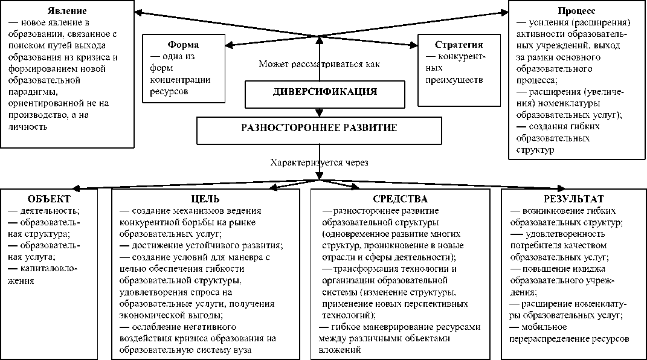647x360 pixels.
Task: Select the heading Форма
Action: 182,45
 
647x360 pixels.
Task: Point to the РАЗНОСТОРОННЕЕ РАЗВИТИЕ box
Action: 319,128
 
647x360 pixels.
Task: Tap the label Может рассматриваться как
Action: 320,63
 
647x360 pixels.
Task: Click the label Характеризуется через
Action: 319,162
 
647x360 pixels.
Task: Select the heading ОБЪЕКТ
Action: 49,199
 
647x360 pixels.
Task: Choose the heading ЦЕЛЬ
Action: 205,199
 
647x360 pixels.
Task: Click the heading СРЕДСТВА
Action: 400,199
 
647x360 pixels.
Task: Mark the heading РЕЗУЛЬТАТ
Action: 573,199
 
